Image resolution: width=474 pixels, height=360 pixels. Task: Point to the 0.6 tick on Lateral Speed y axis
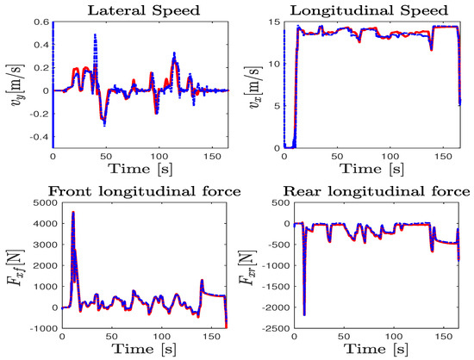pyautogui.click(x=40, y=23)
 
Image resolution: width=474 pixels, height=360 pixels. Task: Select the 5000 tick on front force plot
pyautogui.click(x=32, y=203)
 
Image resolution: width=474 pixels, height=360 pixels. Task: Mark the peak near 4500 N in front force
pyautogui.click(x=73, y=212)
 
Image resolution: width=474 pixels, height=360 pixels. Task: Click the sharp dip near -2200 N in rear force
pyautogui.click(x=304, y=314)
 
